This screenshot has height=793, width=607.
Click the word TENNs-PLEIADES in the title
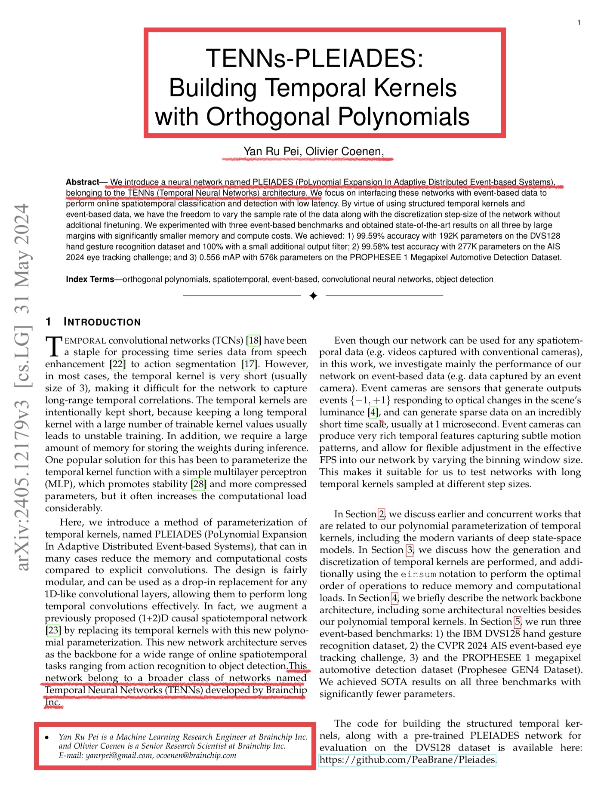[x=314, y=58]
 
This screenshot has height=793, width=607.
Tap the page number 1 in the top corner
[x=579, y=22]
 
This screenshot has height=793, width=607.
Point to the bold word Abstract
[x=82, y=182]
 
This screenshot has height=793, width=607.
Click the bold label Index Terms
[x=89, y=280]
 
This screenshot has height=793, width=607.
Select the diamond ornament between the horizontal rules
[x=313, y=296]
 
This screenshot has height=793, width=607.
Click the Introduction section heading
[x=102, y=322]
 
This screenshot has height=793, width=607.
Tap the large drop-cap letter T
[x=54, y=347]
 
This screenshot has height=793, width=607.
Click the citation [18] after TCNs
[x=253, y=341]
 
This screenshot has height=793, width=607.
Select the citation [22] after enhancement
[x=118, y=364]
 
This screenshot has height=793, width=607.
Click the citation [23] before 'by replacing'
[x=53, y=630]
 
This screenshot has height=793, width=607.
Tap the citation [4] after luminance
[x=373, y=412]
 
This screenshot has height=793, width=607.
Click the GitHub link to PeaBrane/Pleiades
[x=407, y=760]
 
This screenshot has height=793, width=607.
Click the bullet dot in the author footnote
[x=47, y=738]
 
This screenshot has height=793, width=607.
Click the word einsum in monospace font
[x=418, y=575]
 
